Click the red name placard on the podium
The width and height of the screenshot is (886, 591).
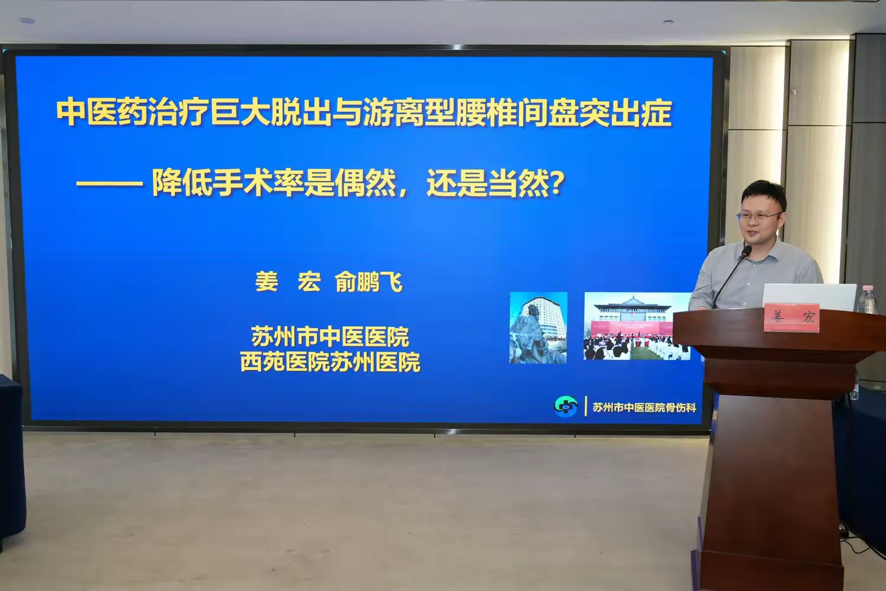click(791, 317)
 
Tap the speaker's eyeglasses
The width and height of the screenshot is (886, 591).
click(759, 216)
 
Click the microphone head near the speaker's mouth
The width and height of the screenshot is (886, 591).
click(747, 251)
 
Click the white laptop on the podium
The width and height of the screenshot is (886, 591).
click(809, 297)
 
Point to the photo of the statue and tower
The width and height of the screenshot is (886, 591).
click(538, 327)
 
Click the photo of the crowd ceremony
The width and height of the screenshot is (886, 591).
click(637, 326)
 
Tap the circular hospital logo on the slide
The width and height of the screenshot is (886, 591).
click(566, 406)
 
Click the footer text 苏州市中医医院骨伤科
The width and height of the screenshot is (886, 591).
click(644, 407)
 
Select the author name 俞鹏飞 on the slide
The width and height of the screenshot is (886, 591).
click(368, 282)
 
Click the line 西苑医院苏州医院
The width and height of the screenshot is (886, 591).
click(330, 362)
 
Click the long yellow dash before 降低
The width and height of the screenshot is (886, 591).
click(109, 184)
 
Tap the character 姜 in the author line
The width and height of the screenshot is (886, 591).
click(266, 282)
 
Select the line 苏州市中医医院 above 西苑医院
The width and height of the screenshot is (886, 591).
click(330, 336)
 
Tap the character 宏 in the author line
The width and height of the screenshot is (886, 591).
click(309, 282)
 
